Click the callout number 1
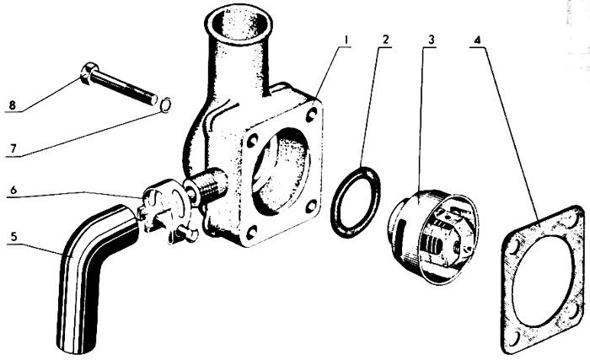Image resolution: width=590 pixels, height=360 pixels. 346,39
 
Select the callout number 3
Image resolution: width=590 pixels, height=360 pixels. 432,39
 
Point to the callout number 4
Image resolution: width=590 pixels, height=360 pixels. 478,40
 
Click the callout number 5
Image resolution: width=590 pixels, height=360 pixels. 14,236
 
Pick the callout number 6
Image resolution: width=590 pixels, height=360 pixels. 14,190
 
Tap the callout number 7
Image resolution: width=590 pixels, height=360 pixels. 13,148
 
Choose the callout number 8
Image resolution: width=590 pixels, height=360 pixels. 13,105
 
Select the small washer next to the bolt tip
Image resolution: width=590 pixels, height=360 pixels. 166,105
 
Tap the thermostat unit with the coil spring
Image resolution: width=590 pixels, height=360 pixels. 432,235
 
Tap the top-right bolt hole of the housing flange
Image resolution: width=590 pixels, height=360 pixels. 312,114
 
